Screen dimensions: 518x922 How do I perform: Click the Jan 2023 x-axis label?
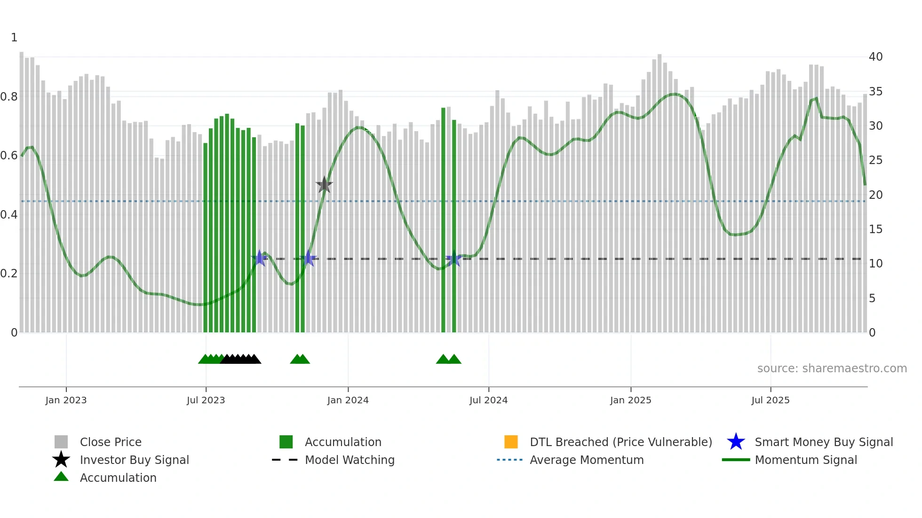(x=66, y=400)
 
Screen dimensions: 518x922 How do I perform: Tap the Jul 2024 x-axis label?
(x=488, y=400)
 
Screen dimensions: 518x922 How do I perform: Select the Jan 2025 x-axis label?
(x=630, y=400)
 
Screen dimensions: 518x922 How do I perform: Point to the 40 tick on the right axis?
(x=875, y=57)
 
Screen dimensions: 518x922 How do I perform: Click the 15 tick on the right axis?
(x=875, y=229)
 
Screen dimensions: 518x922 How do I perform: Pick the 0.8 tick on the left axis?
(x=9, y=97)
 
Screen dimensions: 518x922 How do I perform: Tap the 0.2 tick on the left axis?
(x=9, y=274)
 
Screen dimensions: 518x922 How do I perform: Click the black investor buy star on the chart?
(x=324, y=185)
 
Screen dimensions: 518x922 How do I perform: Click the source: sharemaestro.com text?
(x=832, y=369)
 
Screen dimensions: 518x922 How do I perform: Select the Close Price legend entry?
(x=111, y=442)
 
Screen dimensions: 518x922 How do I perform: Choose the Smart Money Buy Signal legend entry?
(x=824, y=442)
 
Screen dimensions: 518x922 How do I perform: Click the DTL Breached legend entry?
(x=620, y=442)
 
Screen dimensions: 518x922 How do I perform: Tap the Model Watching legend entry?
(x=350, y=460)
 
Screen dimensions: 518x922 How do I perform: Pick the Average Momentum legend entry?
(x=587, y=460)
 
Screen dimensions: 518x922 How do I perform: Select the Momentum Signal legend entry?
(x=806, y=460)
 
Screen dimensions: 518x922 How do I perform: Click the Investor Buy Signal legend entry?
(x=134, y=460)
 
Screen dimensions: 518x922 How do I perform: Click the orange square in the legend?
(x=511, y=442)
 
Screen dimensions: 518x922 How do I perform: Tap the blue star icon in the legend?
(x=736, y=442)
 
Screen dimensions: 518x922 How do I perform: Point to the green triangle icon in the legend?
(x=61, y=477)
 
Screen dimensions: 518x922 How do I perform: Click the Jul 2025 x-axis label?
(x=770, y=400)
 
